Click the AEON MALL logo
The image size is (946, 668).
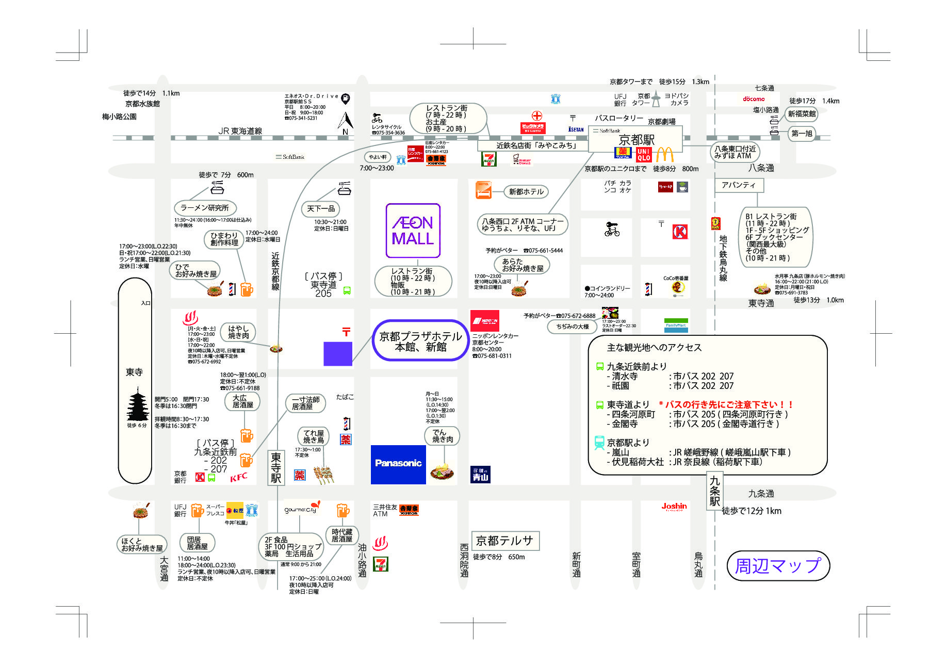(413, 231)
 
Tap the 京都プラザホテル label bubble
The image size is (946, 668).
(420, 341)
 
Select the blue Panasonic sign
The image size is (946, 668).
(398, 464)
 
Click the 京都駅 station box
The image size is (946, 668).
(636, 139)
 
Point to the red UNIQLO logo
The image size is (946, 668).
(643, 154)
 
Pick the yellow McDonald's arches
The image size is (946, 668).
(665, 154)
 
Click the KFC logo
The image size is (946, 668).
(238, 477)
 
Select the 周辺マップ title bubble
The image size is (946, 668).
(777, 566)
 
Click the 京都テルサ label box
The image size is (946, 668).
(504, 541)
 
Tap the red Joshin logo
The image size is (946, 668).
(674, 507)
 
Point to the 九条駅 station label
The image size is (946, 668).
(714, 490)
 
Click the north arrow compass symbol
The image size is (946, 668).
(345, 122)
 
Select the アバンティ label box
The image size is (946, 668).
(738, 185)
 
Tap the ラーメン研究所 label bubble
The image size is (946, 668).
(205, 208)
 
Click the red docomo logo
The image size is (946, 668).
(754, 99)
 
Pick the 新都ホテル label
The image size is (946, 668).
(526, 192)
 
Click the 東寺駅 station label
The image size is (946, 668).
(276, 467)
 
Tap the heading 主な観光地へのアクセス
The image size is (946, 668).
(654, 348)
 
